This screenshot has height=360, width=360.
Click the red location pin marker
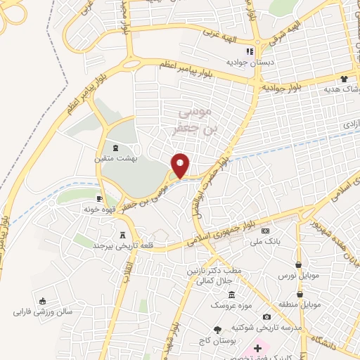coord(181,165)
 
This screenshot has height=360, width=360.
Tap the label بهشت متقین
coord(117,160)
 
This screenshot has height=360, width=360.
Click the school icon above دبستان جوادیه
coord(248,51)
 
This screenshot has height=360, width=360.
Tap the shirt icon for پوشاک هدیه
coord(344,79)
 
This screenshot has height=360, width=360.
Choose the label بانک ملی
coord(265,241)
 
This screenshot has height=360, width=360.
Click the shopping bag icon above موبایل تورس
coord(299,264)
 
